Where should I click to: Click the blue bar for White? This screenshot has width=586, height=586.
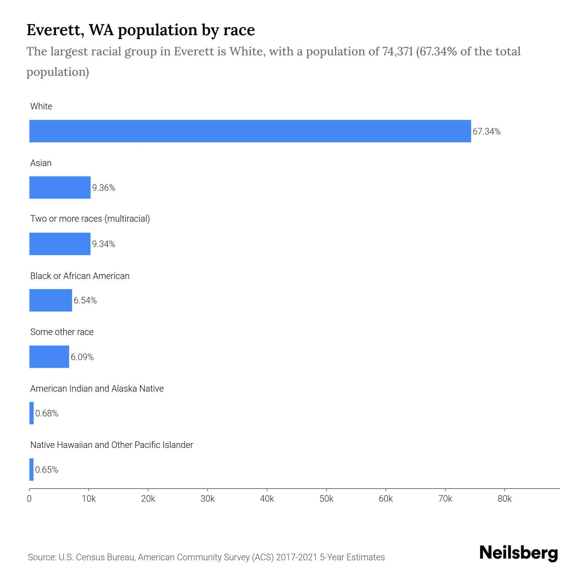(x=250, y=131)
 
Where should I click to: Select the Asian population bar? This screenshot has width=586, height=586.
(x=60, y=188)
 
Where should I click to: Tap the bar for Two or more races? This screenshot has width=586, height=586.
(x=60, y=244)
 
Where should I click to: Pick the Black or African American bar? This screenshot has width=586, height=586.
(x=50, y=300)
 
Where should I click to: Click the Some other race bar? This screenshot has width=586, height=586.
(x=49, y=357)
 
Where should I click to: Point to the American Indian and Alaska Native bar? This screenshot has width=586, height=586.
(x=32, y=413)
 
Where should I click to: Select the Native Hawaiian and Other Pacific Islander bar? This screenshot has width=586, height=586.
(x=32, y=469)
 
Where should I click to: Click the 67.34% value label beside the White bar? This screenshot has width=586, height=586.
(x=486, y=132)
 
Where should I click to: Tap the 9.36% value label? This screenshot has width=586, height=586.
(x=104, y=188)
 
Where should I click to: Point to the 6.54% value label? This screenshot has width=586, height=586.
(x=85, y=300)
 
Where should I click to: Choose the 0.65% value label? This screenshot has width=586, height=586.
(x=47, y=470)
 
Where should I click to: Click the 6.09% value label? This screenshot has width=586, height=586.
(x=82, y=357)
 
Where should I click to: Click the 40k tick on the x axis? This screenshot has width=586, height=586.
(x=267, y=499)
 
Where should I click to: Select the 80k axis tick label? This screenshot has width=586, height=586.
(x=505, y=499)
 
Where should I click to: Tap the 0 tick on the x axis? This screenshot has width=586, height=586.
(x=29, y=499)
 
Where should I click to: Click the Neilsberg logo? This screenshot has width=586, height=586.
(x=519, y=553)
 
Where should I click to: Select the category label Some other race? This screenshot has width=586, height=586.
(x=62, y=332)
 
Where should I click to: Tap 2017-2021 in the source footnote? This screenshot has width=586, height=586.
(x=296, y=557)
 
